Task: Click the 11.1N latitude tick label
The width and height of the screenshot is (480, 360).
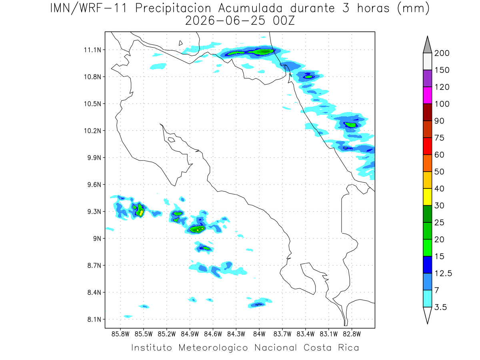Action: pyautogui.click(x=92, y=50)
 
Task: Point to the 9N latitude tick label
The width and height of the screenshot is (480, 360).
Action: pyautogui.click(x=97, y=238)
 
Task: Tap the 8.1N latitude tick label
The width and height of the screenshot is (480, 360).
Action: pyautogui.click(x=94, y=319)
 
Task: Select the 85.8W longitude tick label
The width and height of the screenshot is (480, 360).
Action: pyautogui.click(x=120, y=334)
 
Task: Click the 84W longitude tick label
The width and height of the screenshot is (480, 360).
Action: pyautogui.click(x=259, y=334)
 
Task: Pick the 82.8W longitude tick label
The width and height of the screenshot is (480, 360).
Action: pyautogui.click(x=352, y=334)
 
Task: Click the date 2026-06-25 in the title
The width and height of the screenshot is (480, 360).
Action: pyautogui.click(x=225, y=21)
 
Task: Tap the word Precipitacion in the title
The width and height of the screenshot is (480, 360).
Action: pyautogui.click(x=173, y=8)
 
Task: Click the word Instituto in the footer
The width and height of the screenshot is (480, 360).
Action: pyautogui.click(x=152, y=348)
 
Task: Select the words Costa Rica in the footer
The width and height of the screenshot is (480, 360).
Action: pyautogui.click(x=331, y=348)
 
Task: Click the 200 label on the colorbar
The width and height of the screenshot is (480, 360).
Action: pyautogui.click(x=442, y=53)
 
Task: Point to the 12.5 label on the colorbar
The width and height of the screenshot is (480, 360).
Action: pyautogui.click(x=443, y=274)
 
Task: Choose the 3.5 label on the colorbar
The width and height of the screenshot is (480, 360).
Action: pyautogui.click(x=440, y=307)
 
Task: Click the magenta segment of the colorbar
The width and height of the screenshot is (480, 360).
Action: pyautogui.click(x=427, y=95)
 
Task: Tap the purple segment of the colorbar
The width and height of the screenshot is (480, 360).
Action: pyautogui.click(x=427, y=78)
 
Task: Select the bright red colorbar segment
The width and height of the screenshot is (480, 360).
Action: pyautogui.click(x=427, y=146)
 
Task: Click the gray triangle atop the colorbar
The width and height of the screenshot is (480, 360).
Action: pyautogui.click(x=427, y=46)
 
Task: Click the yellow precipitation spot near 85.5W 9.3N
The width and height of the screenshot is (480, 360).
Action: pyautogui.click(x=141, y=213)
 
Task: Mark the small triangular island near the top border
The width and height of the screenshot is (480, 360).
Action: pyautogui.click(x=180, y=43)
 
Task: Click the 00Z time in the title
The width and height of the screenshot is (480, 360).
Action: pyautogui.click(x=284, y=21)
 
